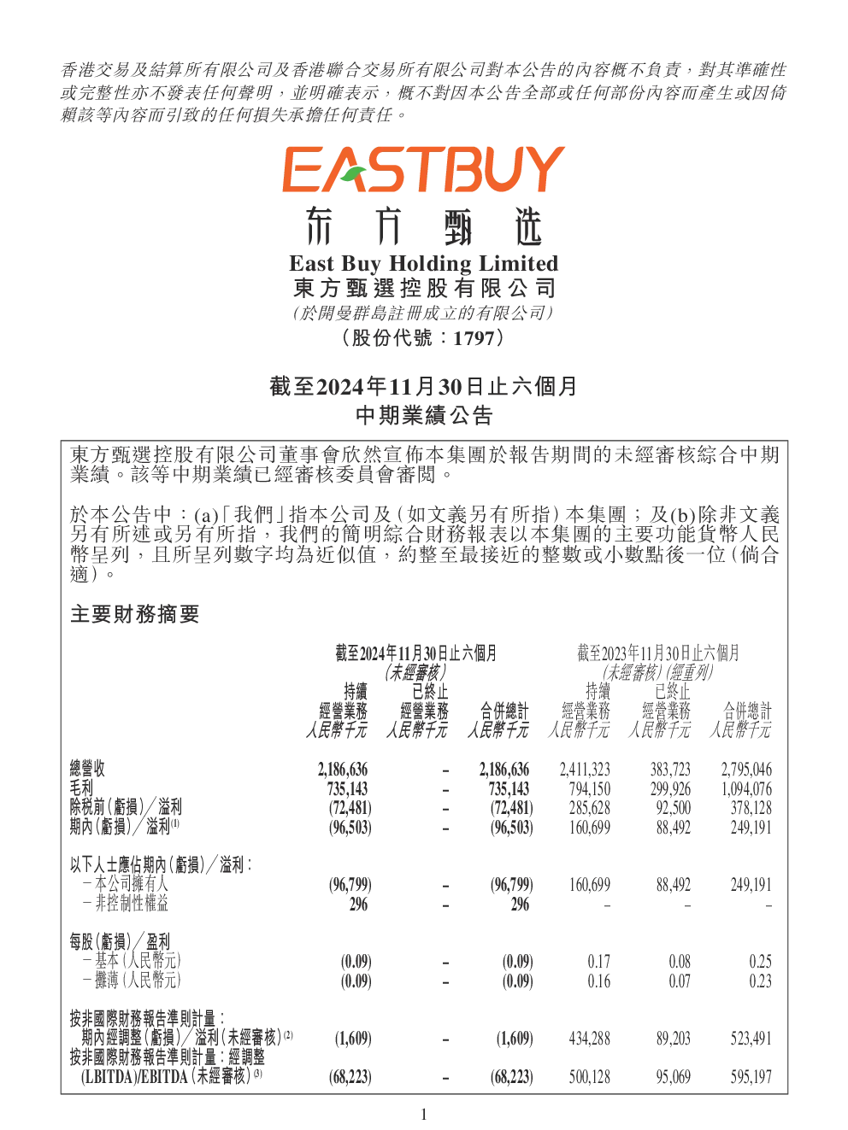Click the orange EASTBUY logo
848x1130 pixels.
(x=423, y=169)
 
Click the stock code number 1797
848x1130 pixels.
(x=474, y=339)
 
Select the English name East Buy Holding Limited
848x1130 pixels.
(x=423, y=264)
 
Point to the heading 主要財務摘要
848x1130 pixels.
(x=134, y=614)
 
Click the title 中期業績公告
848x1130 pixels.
(x=424, y=415)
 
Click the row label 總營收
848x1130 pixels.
(x=87, y=769)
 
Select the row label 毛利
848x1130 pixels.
(x=81, y=788)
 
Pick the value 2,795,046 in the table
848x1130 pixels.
(x=746, y=770)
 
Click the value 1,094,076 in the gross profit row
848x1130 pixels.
(x=746, y=788)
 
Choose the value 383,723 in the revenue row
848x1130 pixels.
(x=670, y=770)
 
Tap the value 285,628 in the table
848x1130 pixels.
(x=589, y=808)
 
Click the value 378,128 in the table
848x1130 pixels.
(x=751, y=808)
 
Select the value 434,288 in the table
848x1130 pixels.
(x=589, y=1039)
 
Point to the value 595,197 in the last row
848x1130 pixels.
(x=751, y=1077)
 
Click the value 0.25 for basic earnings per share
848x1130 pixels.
(x=761, y=962)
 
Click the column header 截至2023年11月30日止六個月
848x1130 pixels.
(x=658, y=653)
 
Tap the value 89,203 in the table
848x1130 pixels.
(x=673, y=1039)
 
